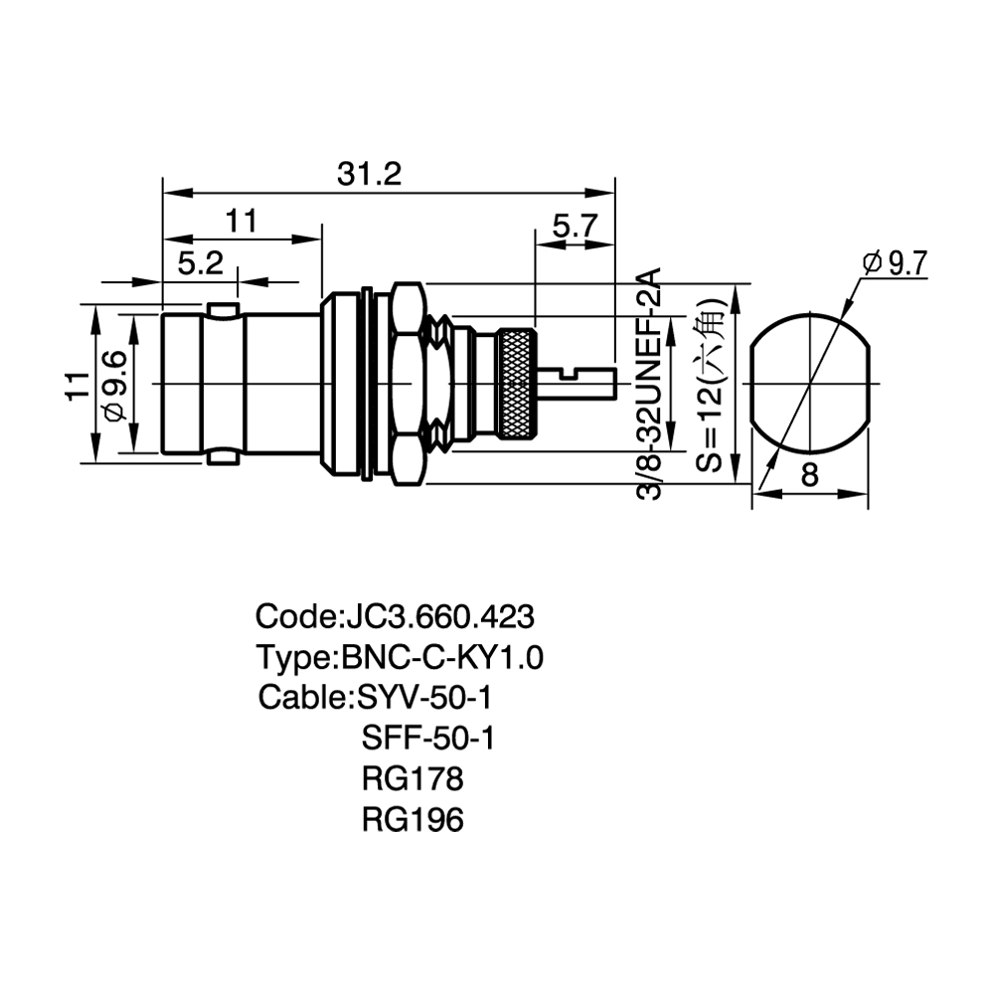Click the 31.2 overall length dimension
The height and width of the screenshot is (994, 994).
coord(370,173)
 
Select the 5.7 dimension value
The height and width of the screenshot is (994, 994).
coord(575,226)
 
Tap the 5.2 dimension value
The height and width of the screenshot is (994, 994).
coord(201,262)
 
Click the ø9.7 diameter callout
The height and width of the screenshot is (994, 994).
coord(896,263)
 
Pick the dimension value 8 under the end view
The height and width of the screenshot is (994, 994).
coord(809,474)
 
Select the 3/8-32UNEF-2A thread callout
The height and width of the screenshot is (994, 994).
coord(648,384)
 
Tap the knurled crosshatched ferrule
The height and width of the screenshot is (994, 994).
coord(516,384)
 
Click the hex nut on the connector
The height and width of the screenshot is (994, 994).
coord(407,384)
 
